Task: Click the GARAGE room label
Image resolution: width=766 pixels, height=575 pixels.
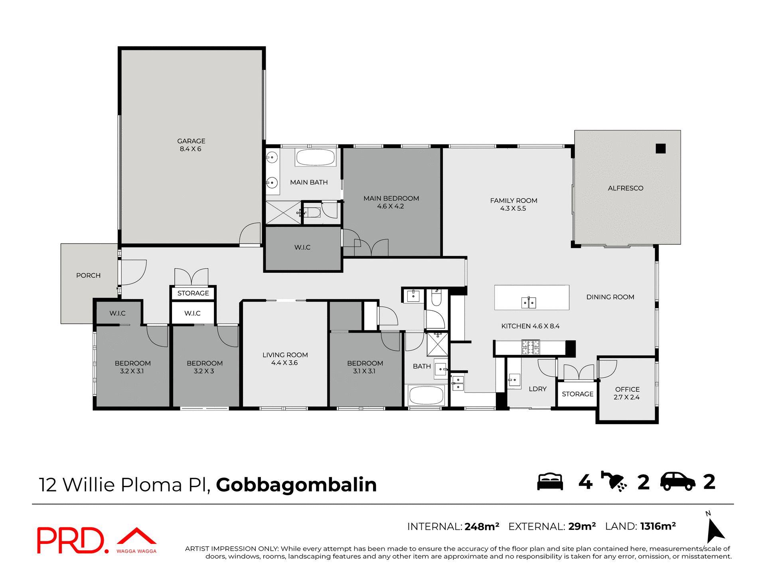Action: click(x=191, y=145)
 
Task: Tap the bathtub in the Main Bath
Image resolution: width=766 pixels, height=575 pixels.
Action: click(x=315, y=157)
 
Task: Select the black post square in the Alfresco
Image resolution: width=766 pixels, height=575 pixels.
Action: click(x=661, y=149)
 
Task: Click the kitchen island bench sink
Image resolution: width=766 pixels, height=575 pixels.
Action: click(x=529, y=303)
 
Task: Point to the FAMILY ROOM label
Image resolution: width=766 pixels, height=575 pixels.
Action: click(x=513, y=204)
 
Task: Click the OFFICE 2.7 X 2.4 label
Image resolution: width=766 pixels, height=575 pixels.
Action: click(x=627, y=393)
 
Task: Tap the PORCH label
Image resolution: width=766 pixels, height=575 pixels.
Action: click(x=88, y=276)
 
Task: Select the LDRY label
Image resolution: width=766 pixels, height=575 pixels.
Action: click(x=537, y=389)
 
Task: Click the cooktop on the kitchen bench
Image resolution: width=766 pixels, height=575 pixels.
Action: click(x=531, y=347)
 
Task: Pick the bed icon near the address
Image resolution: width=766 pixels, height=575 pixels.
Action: click(x=550, y=482)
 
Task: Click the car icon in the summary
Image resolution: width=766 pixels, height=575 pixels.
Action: click(x=677, y=482)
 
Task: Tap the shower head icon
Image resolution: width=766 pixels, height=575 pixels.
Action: click(x=614, y=481)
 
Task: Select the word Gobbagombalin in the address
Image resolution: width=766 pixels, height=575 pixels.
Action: click(x=296, y=485)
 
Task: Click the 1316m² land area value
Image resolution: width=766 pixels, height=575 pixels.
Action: click(x=658, y=526)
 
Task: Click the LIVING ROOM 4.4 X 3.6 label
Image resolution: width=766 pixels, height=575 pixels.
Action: click(x=285, y=359)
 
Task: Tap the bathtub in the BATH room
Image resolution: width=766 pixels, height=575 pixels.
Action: click(x=426, y=396)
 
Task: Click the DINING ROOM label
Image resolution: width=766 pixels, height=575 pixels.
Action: click(x=610, y=297)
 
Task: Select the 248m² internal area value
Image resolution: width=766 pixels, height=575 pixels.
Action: click(x=482, y=527)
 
